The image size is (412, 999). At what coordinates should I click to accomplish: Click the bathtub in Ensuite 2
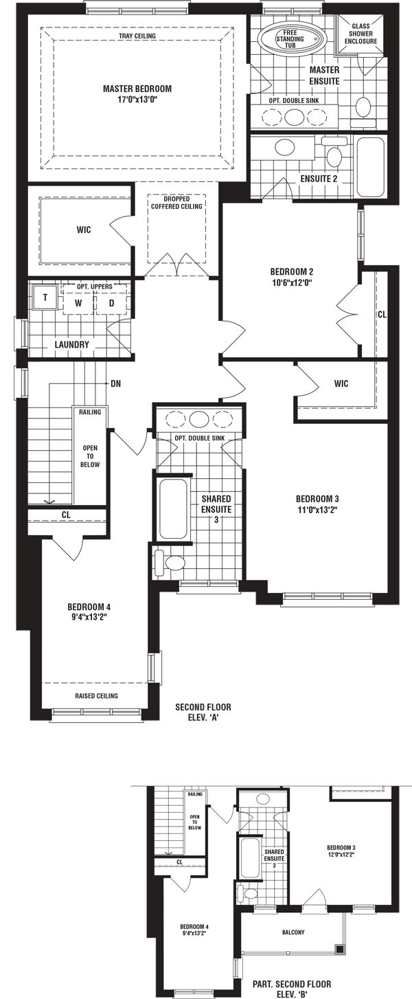pyautogui.click(x=370, y=166)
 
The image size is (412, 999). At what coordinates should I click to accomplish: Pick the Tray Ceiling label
pyautogui.click(x=137, y=36)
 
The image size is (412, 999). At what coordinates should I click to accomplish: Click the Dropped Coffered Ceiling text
pyautogui.click(x=176, y=203)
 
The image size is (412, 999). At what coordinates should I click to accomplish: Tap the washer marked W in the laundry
pyautogui.click(x=78, y=303)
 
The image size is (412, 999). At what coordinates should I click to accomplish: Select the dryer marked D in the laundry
pyautogui.click(x=111, y=303)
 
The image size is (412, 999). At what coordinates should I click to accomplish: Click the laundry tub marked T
pyautogui.click(x=45, y=297)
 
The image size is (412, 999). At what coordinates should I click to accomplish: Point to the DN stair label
pyautogui.click(x=115, y=383)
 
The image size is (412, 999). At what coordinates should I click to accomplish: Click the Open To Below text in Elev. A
pyautogui.click(x=90, y=456)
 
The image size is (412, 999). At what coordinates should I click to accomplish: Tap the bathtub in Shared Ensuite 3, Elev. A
pyautogui.click(x=173, y=509)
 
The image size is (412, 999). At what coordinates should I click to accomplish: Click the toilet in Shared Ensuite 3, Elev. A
pyautogui.click(x=169, y=563)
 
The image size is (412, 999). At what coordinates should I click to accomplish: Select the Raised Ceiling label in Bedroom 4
pyautogui.click(x=96, y=695)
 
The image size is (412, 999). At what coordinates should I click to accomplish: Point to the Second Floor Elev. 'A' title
pyautogui.click(x=203, y=712)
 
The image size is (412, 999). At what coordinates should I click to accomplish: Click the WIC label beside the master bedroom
pyautogui.click(x=84, y=229)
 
